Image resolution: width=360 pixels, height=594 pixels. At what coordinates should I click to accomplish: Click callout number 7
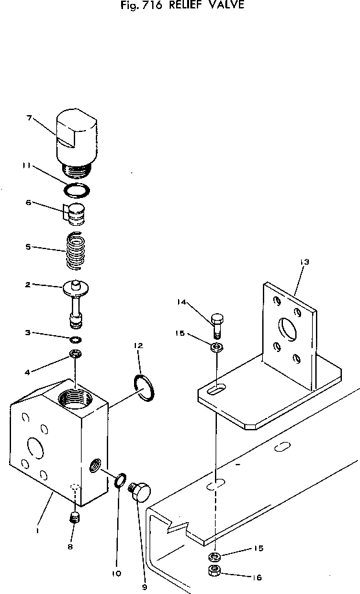[29, 117]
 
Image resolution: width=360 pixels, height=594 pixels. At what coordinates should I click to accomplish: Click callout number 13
[304, 262]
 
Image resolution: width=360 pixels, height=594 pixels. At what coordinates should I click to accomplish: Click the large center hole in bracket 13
[286, 327]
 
